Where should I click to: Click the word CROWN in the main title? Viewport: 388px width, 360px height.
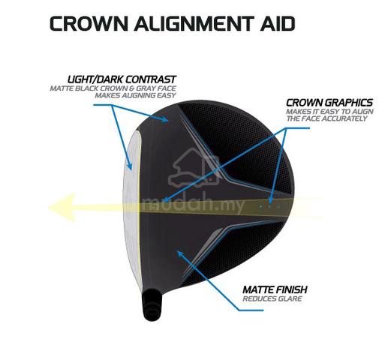pyautogui.click(x=89, y=23)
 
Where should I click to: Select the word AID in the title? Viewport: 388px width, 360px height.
pyautogui.click(x=278, y=23)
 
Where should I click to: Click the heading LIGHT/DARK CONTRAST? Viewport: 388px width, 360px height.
pyautogui.click(x=122, y=79)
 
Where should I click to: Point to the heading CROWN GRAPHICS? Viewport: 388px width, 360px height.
pyautogui.click(x=329, y=103)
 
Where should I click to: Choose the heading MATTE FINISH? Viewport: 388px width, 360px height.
pyautogui.click(x=275, y=289)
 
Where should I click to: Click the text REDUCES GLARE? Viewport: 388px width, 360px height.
pyautogui.click(x=272, y=298)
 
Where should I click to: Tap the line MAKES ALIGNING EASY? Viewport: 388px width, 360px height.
pyautogui.click(x=135, y=95)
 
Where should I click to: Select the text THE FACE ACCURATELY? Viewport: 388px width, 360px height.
pyautogui.click(x=326, y=118)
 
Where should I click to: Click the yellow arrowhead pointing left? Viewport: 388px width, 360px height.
pyautogui.click(x=62, y=207)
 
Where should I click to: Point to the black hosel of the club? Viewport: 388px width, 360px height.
pyautogui.click(x=152, y=304)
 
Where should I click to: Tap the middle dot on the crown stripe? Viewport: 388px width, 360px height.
pyautogui.click(x=269, y=206)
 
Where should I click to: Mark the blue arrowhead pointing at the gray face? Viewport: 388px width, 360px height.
pyautogui.click(x=129, y=165)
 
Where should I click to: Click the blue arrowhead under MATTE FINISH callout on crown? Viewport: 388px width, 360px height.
pyautogui.click(x=181, y=254)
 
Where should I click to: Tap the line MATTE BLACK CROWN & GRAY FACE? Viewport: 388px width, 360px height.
pyautogui.click(x=113, y=88)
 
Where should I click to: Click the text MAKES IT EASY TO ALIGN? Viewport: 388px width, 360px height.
pyautogui.click(x=329, y=112)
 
